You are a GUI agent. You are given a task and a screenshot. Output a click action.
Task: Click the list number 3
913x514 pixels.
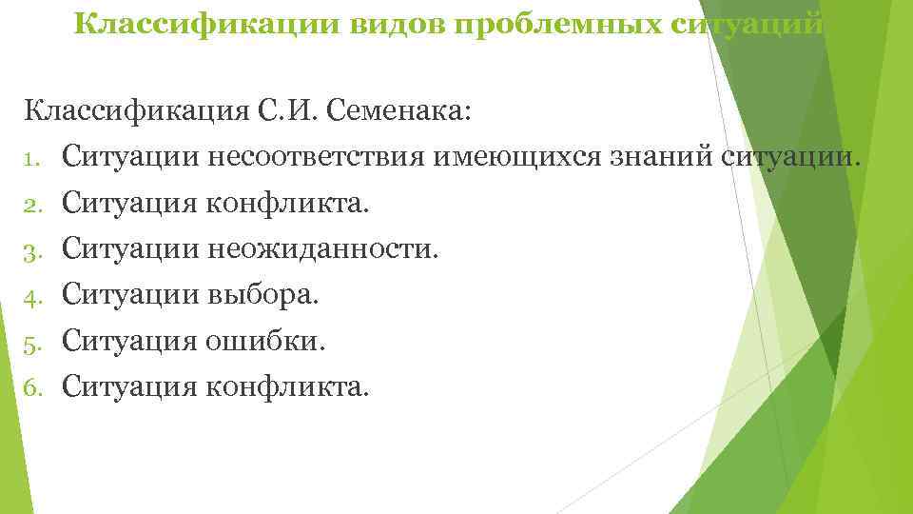[x=33, y=250]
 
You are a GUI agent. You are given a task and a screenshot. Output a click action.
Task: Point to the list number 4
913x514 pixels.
[x=33, y=296]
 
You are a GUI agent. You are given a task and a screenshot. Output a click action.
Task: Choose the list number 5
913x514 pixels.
[x=33, y=342]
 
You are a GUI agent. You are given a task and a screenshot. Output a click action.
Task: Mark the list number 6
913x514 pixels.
[x=33, y=387]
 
